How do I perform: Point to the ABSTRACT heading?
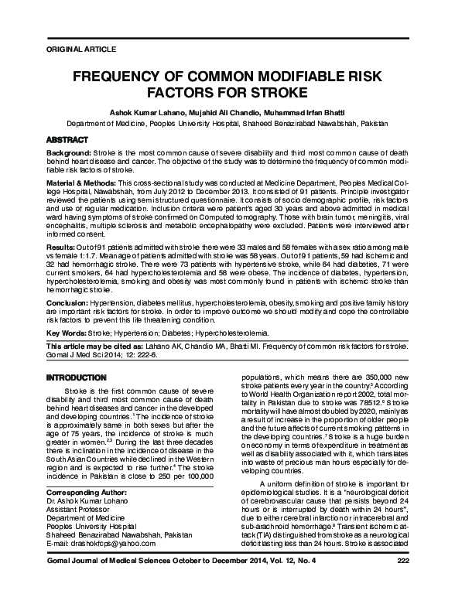click(67, 138)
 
